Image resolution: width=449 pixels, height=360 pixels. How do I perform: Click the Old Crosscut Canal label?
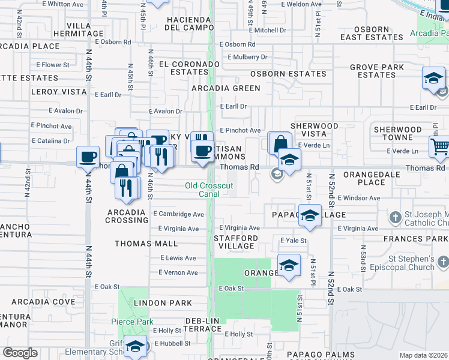(x=208, y=190)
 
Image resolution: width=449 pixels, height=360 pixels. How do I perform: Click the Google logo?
(x=20, y=353)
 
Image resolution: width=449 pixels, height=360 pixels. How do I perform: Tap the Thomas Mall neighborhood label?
(x=146, y=244)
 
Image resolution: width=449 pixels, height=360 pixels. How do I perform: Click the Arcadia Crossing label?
(x=127, y=216)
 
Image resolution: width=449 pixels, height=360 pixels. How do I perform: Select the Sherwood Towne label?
(x=397, y=133)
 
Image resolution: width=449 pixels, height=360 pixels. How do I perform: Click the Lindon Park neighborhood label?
(x=163, y=303)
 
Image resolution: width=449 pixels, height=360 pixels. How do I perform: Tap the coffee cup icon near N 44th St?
(x=88, y=157)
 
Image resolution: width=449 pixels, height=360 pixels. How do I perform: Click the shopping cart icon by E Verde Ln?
(x=440, y=146)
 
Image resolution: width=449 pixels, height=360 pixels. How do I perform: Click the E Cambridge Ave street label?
(x=178, y=214)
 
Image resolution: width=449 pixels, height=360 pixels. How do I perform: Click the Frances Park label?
(x=421, y=238)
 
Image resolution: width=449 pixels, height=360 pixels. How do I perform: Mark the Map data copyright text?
(x=424, y=355)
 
